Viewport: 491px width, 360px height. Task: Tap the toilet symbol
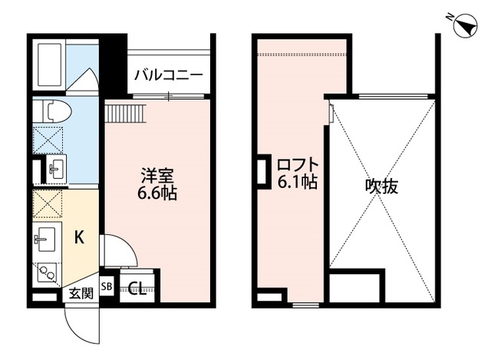[x=55, y=112]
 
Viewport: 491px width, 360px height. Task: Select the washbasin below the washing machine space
[x=54, y=169]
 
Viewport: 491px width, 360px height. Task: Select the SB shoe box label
[x=107, y=287]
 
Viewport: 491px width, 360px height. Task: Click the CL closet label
[x=137, y=289]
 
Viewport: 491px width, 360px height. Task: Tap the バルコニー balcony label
[x=168, y=75]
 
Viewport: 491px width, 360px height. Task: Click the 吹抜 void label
[x=381, y=186]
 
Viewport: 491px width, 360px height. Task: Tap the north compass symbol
[x=463, y=27]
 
